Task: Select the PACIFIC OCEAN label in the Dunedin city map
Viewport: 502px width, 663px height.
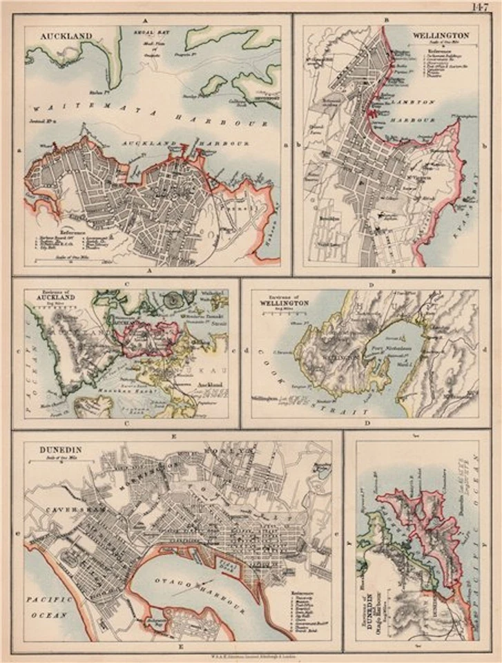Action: coord(48,608)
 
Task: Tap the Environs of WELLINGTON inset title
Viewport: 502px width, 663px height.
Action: coord(282,300)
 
